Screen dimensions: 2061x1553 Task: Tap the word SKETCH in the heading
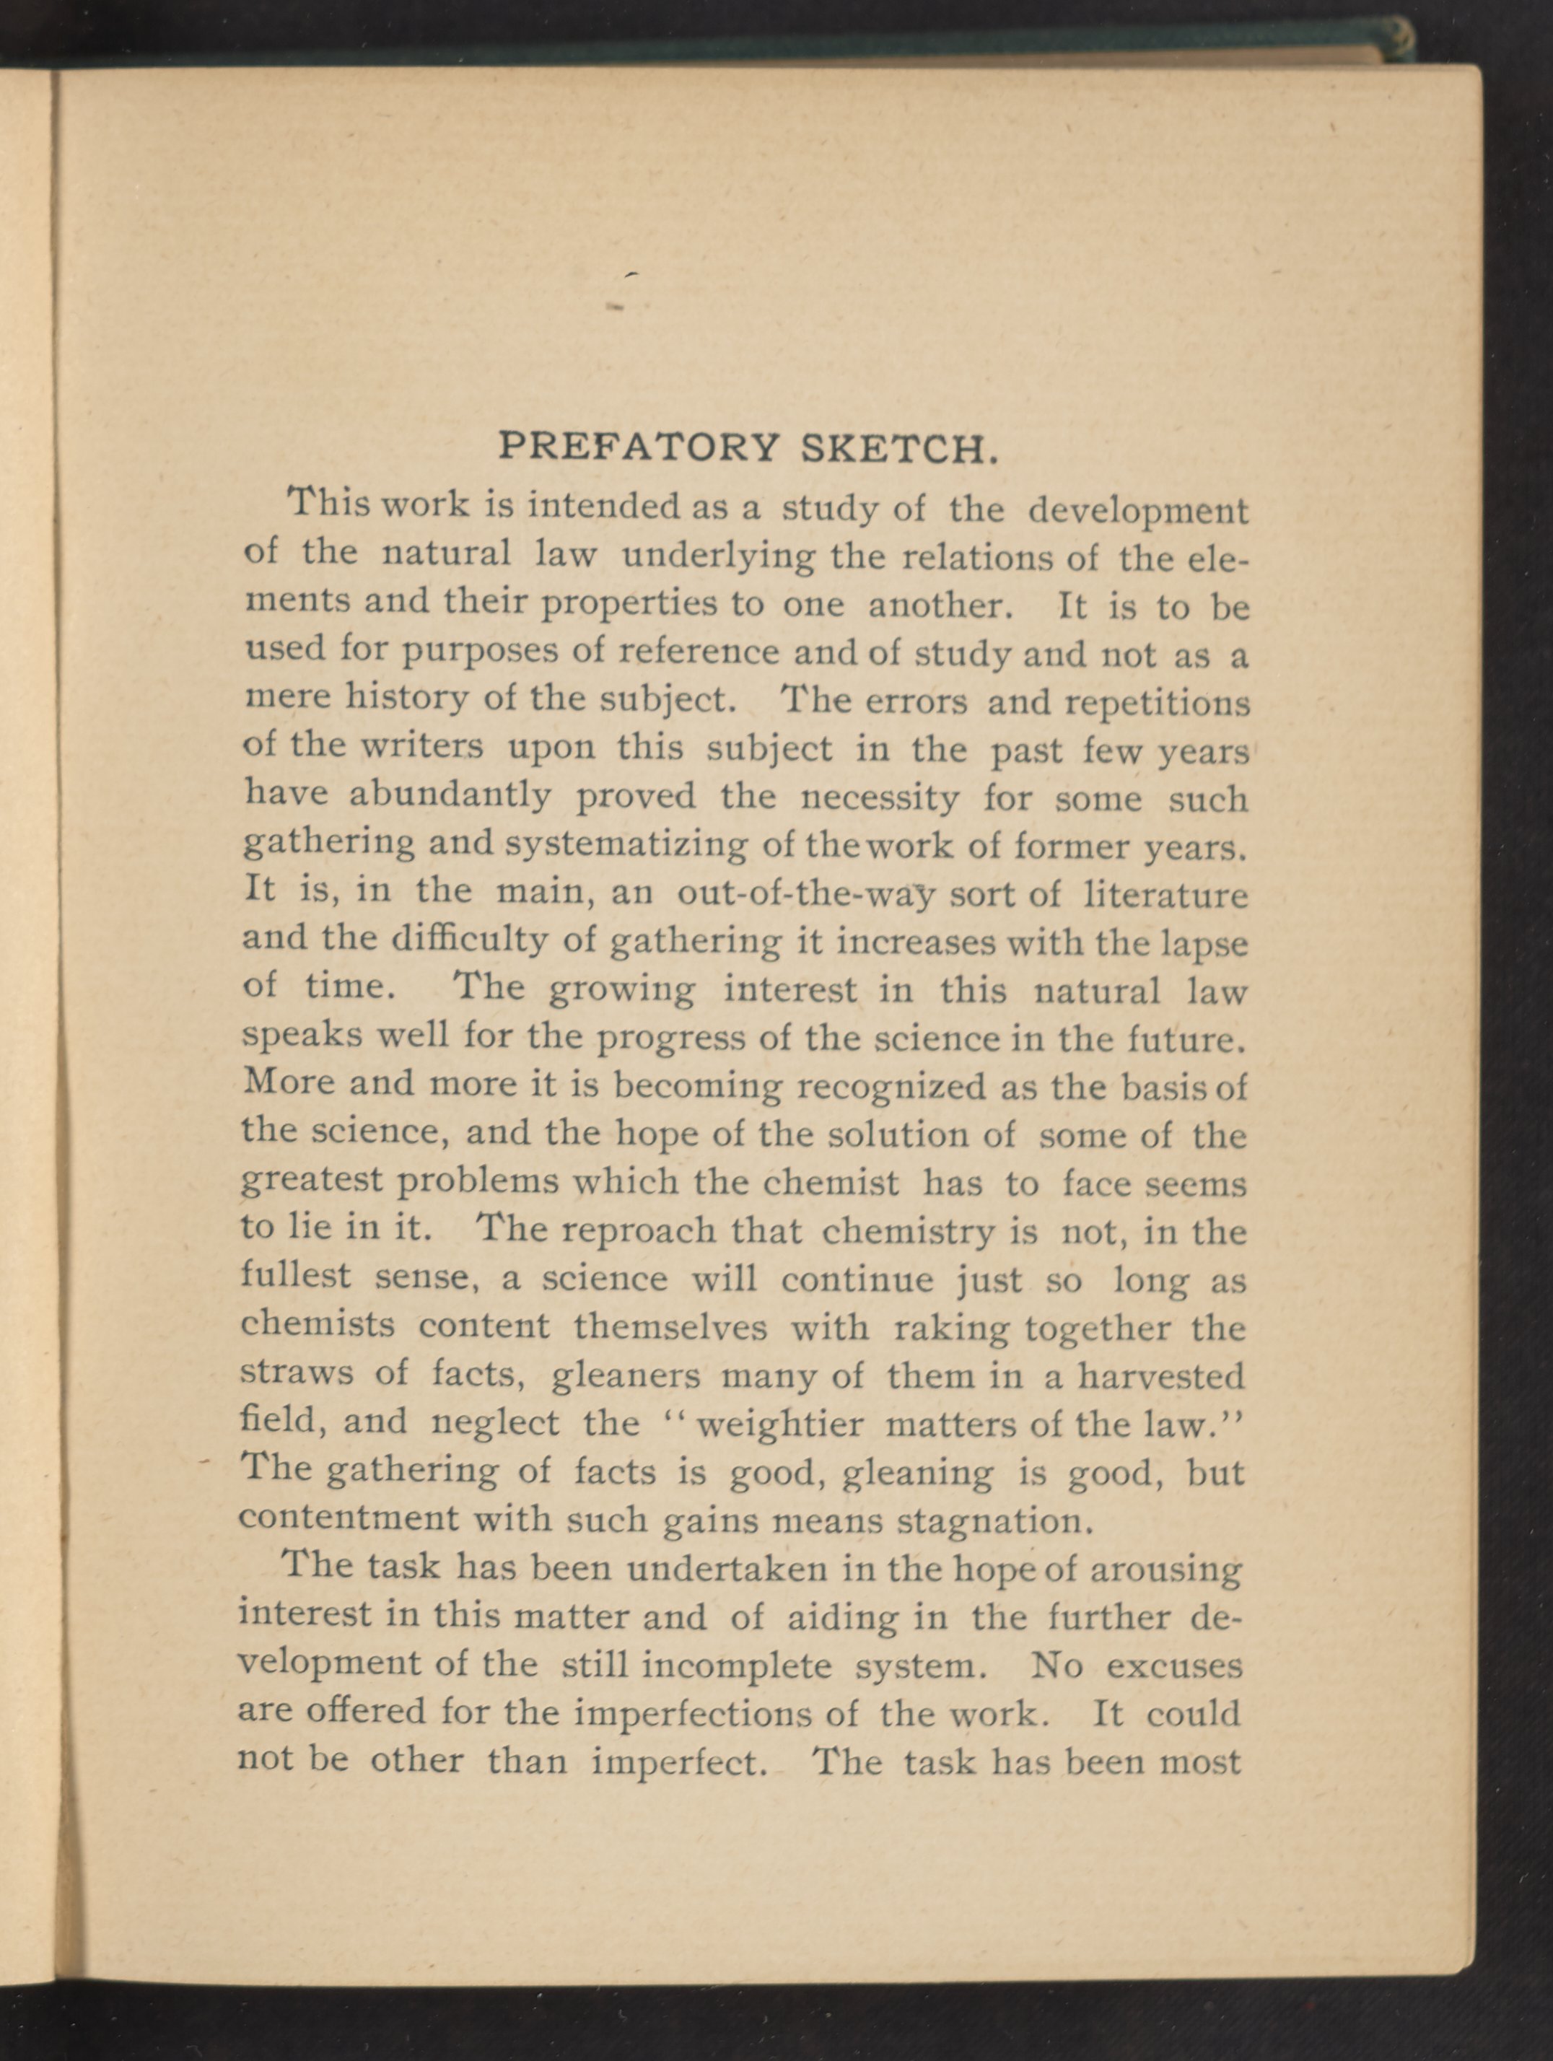coord(900,448)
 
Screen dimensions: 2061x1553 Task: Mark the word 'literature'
coord(1166,894)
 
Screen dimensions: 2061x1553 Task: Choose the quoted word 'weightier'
coord(779,1424)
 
